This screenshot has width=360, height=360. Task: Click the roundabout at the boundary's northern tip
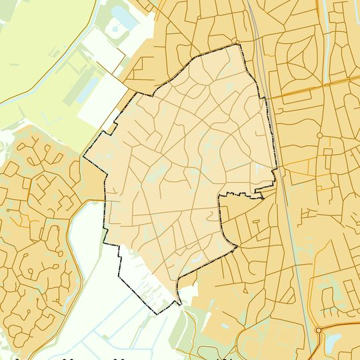(x=236, y=43)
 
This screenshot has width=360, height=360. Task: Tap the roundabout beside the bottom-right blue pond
(x=319, y=330)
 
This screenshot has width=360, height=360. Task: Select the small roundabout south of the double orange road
(x=319, y=135)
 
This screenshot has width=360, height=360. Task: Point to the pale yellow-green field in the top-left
(x=33, y=47)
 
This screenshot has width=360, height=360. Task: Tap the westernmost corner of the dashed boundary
(x=82, y=159)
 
